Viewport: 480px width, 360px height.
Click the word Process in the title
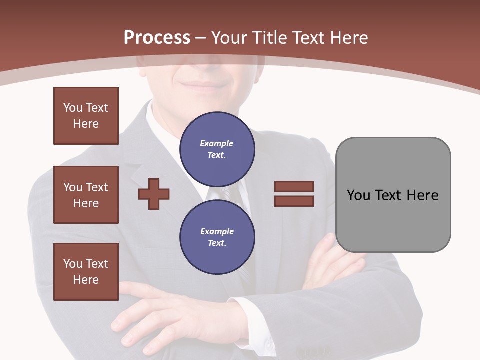pos(157,38)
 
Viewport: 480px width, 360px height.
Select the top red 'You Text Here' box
pos(86,116)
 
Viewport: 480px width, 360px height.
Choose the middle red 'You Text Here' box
pos(86,195)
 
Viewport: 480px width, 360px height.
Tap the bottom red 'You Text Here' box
pos(86,272)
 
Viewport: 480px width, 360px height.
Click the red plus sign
pos(154,194)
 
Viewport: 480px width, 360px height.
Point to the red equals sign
pos(294,194)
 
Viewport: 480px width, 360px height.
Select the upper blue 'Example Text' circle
pos(217,149)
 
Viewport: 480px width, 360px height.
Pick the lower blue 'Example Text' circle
pos(217,237)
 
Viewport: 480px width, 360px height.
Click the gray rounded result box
pos(393,195)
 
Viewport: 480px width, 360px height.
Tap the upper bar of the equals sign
pos(294,186)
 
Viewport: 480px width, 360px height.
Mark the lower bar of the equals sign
pos(294,201)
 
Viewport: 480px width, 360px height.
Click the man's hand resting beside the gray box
pos(330,260)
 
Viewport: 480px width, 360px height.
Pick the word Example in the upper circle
pos(216,143)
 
